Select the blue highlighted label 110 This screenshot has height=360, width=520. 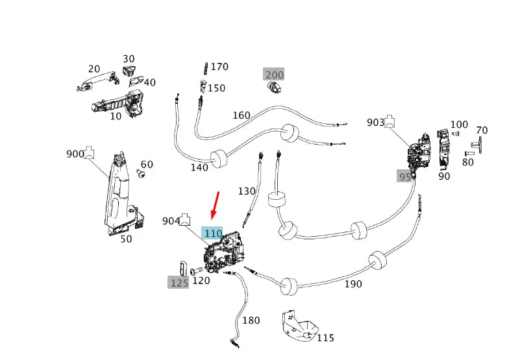(x=213, y=234)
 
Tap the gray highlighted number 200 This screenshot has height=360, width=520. (x=274, y=75)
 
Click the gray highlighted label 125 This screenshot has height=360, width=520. (x=179, y=282)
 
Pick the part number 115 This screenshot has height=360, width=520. (x=325, y=338)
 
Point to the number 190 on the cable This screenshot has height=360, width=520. (x=353, y=284)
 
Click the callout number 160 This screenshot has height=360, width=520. (x=241, y=115)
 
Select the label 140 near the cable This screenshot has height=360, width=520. (x=199, y=167)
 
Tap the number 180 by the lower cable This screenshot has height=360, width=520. (x=251, y=320)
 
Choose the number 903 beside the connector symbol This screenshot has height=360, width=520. (x=375, y=122)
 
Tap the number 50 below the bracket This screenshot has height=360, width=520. (x=126, y=239)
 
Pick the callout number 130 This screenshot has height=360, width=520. (x=247, y=191)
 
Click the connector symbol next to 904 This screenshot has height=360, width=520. (x=186, y=218)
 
